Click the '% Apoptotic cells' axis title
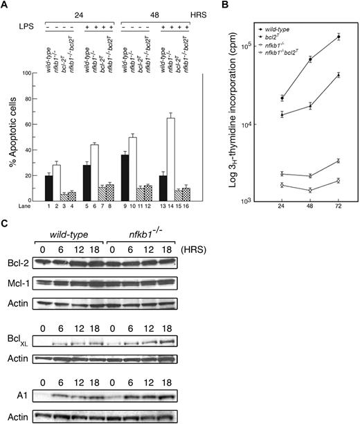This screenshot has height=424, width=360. click(12, 135)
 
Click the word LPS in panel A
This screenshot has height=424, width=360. click(25, 25)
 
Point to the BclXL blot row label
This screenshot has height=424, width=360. click(21, 341)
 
